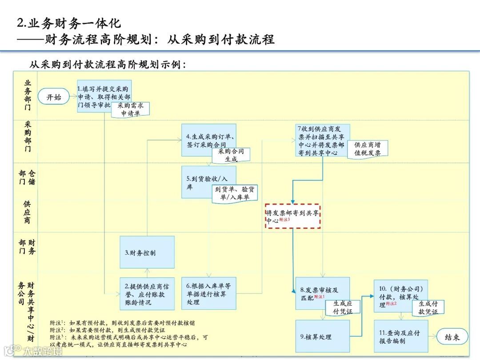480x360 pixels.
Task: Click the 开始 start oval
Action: [54, 97]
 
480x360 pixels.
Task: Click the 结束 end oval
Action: [452, 337]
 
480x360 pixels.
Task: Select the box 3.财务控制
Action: [147, 252]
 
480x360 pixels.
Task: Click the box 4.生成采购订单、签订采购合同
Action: [208, 139]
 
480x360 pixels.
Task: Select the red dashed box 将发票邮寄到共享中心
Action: [292, 216]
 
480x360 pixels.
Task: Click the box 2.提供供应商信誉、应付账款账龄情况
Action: [147, 294]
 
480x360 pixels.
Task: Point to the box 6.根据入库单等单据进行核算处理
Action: [208, 294]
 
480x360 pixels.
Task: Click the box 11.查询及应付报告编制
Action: [400, 336]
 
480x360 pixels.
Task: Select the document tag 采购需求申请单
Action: [131, 109]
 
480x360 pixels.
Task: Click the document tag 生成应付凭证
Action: [342, 308]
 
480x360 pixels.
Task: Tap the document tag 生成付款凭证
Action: [428, 308]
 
